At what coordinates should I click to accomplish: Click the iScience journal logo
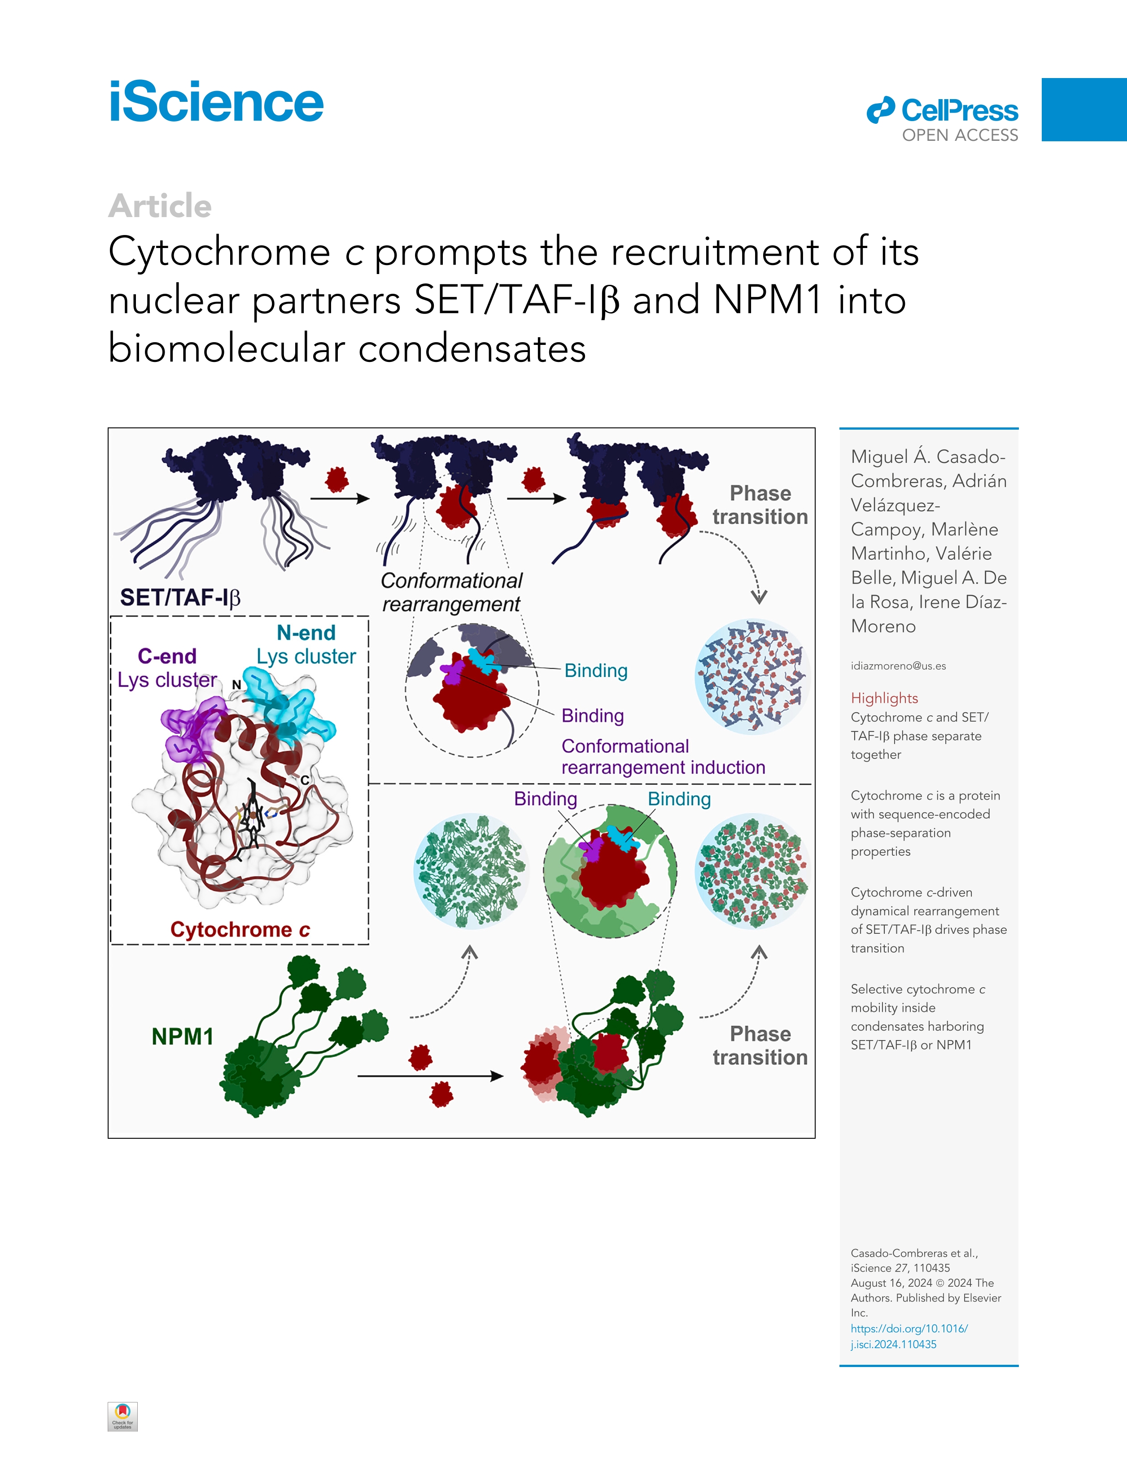click(x=216, y=103)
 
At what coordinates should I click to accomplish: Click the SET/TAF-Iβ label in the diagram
click(x=179, y=597)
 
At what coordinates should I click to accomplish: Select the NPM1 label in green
click(x=182, y=1036)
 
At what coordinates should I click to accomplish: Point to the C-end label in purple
click(x=167, y=656)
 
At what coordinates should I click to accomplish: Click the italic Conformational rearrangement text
click(x=451, y=592)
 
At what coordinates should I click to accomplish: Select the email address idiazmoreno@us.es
click(x=898, y=666)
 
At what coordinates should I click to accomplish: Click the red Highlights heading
click(x=884, y=698)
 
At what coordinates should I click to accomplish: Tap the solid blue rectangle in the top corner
click(x=1083, y=109)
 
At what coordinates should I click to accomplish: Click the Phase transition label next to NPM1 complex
click(x=760, y=1045)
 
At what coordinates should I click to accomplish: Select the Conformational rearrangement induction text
click(x=663, y=757)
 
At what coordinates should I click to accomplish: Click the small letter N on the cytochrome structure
click(x=236, y=684)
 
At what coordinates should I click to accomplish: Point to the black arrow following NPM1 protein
click(x=430, y=1076)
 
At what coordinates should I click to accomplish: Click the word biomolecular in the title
click(x=227, y=349)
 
